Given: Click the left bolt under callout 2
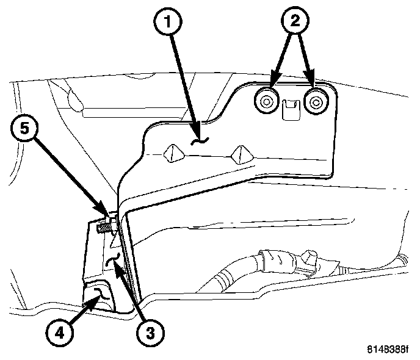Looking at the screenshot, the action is (x=266, y=103).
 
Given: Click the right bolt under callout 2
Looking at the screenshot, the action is (x=315, y=103).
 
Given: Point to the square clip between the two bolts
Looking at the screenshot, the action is (x=291, y=107).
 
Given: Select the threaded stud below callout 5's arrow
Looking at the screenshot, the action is (x=106, y=229).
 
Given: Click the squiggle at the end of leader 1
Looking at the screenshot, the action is (x=198, y=141).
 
